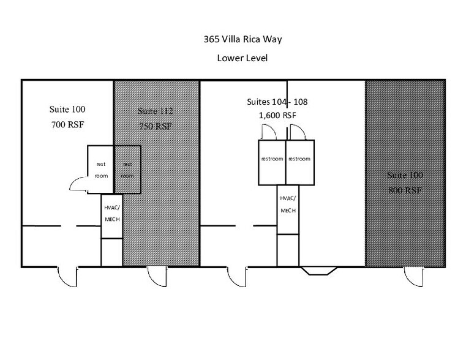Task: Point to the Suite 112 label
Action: (156, 111)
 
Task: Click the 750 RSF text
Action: (156, 127)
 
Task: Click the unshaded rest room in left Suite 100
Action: (101, 170)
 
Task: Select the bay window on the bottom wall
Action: (318, 271)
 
